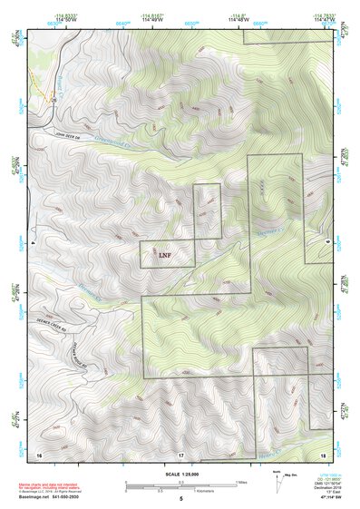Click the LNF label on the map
[x=164, y=256]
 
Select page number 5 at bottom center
[x=180, y=499]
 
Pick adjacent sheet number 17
[x=180, y=454]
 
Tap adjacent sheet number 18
[x=323, y=454]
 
